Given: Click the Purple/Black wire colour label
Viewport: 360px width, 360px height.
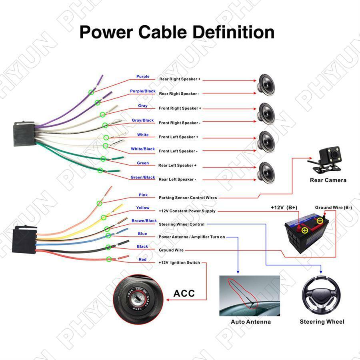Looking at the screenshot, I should point(143,91).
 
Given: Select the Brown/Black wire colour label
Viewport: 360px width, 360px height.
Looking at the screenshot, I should point(144,221).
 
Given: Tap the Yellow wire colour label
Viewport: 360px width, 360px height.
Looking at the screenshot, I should point(142,208).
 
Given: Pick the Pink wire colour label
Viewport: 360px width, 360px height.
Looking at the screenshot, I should point(143,195).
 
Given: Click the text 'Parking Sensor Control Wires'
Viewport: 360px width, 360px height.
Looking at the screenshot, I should point(188,198).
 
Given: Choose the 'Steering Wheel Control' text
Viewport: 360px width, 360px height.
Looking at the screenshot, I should point(182,224).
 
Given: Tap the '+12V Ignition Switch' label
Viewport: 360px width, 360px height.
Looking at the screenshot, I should point(179,263).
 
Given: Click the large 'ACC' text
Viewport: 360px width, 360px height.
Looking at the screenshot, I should point(184,293).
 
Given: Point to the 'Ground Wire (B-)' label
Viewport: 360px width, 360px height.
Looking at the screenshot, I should point(333,208).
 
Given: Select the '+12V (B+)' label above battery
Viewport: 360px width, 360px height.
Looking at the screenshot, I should point(284,208).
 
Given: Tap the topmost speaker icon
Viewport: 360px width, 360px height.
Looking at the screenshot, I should point(265,82).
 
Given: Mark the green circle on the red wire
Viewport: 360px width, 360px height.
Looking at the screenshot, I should point(109,259).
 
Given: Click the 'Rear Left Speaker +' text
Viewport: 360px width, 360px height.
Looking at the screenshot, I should point(177,165).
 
